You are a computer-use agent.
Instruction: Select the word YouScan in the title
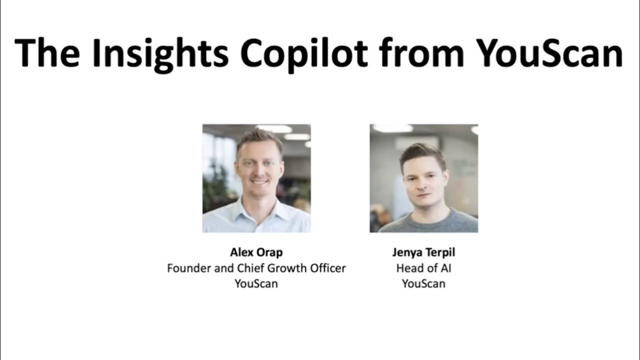pos(549,52)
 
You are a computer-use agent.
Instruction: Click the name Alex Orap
pos(256,252)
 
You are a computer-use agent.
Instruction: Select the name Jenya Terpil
pos(423,252)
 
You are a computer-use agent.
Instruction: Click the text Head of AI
pos(423,268)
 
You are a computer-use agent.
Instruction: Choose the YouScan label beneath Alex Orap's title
pos(256,283)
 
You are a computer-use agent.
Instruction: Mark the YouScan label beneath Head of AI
pos(423,283)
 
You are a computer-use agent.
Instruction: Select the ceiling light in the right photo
pos(392,128)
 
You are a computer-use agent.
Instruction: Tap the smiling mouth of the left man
pos(259,183)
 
